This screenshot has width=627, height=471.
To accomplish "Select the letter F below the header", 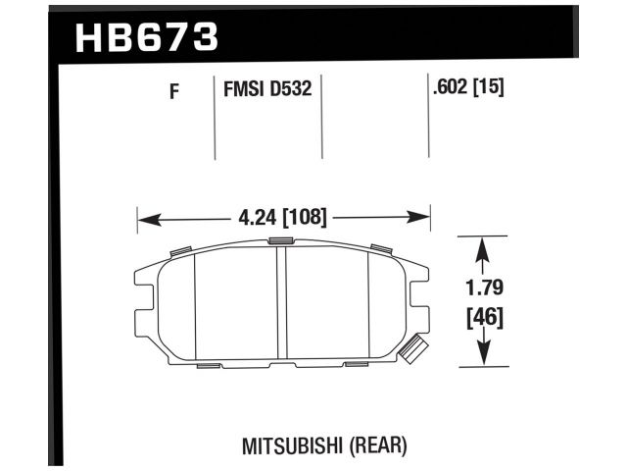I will [x=174, y=93].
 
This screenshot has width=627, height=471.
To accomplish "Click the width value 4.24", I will [x=257, y=218].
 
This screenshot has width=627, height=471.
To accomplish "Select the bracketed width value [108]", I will [x=304, y=218].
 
